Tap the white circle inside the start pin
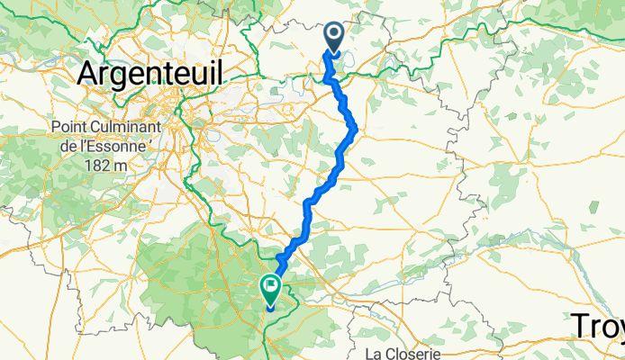tap(334, 35)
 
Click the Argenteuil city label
tap(150, 74)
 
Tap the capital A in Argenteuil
tap(89, 74)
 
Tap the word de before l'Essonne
tap(61, 146)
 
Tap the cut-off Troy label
tap(598, 326)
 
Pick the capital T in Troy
tap(579, 324)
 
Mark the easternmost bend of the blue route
tap(356, 128)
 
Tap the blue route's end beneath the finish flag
tap(270, 309)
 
